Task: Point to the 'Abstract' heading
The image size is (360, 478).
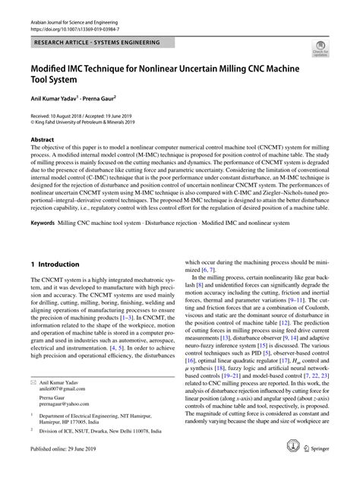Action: [x=43, y=141]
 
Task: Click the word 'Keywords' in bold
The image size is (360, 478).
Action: [x=46, y=224]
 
